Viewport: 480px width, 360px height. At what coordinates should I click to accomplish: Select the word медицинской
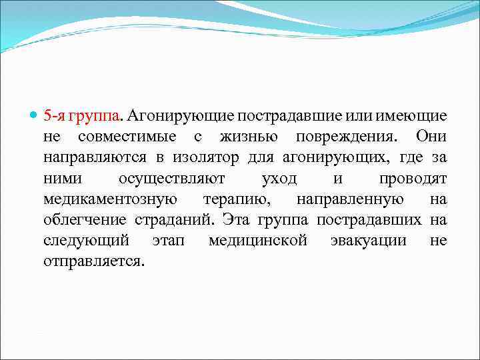coord(258,240)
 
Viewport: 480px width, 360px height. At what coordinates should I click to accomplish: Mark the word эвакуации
coord(368,240)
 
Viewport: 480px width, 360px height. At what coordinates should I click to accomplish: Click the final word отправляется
coord(93,261)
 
